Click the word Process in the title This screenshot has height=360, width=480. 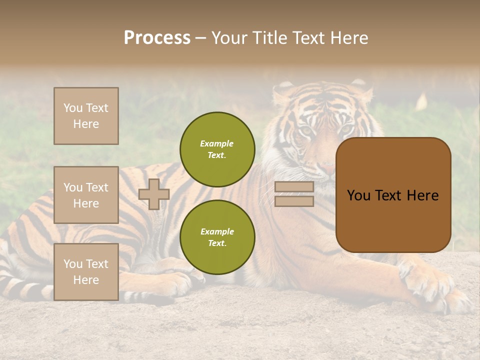coord(157,38)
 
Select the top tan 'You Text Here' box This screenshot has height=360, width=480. coord(86,116)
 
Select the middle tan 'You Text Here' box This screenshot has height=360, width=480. coord(86,195)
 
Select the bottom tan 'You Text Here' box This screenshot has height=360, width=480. coord(86,272)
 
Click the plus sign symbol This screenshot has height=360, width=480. coord(154,194)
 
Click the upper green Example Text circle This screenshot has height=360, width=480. coord(217,149)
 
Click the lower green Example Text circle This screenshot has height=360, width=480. coord(217,237)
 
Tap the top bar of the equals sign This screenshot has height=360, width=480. coord(294,187)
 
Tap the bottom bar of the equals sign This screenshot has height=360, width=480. coord(294,201)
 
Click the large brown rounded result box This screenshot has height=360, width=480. coord(393,195)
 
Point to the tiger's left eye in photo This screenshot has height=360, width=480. coord(306,130)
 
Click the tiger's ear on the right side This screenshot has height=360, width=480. coord(364,91)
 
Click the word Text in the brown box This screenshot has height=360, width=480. coord(391,195)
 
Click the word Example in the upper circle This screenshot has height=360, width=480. coord(217,144)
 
